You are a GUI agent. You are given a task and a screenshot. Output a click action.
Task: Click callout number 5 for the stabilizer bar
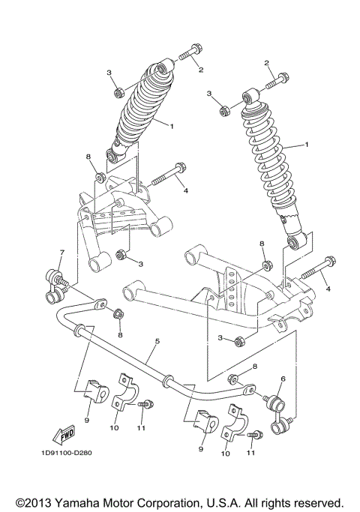click(x=157, y=341)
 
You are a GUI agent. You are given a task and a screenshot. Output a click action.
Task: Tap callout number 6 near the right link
click(x=283, y=380)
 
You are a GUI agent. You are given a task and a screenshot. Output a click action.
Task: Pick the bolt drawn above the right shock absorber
click(x=278, y=77)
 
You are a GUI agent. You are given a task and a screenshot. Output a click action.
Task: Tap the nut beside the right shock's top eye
click(x=223, y=112)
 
